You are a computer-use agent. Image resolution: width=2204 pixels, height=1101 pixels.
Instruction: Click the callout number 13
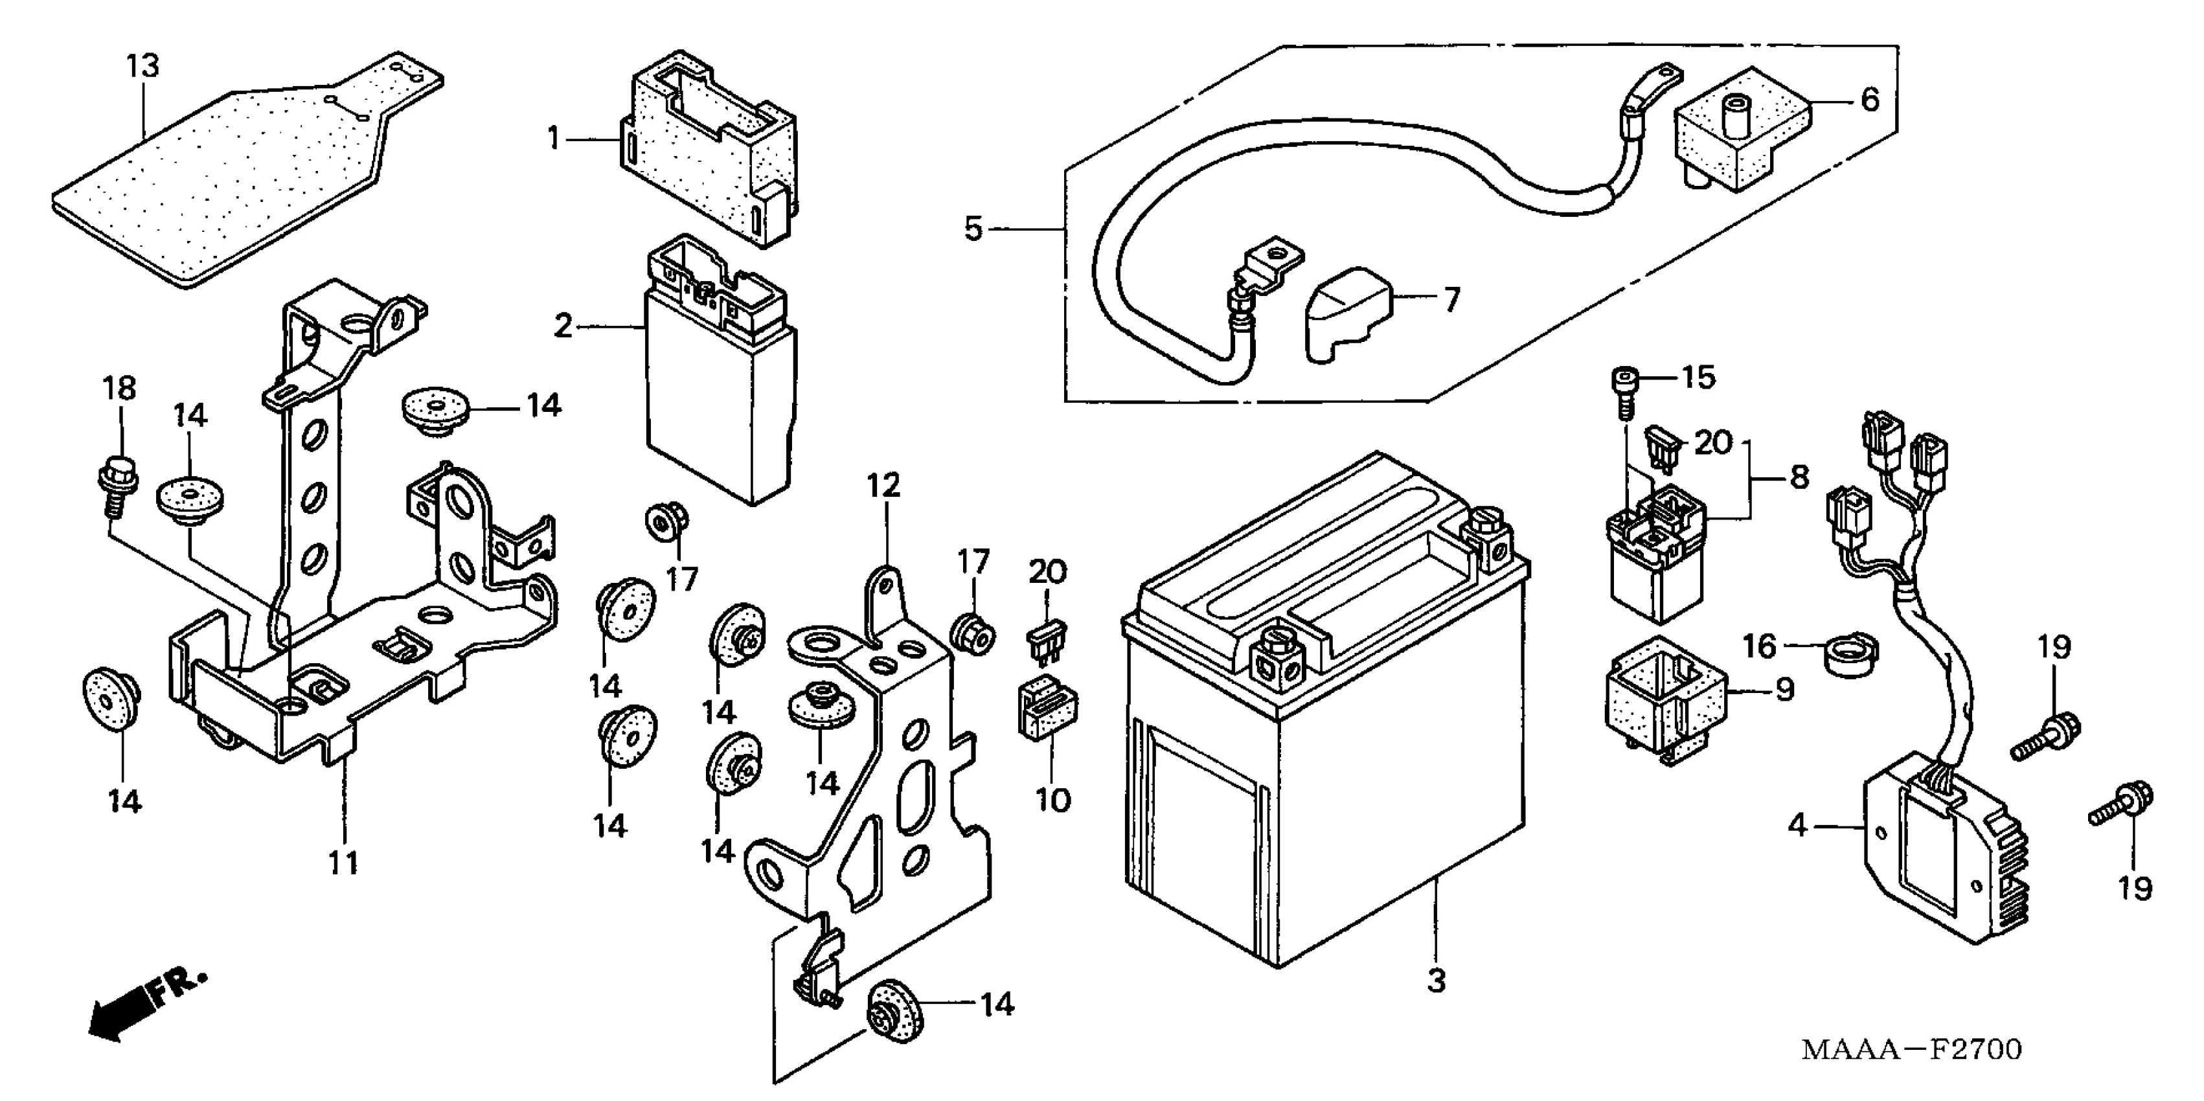click(143, 66)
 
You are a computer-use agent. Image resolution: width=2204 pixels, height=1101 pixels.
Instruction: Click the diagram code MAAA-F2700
click(1911, 1050)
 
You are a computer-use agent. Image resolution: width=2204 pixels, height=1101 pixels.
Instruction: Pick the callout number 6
click(1870, 100)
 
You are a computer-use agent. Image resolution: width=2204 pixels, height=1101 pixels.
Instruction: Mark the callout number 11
click(343, 863)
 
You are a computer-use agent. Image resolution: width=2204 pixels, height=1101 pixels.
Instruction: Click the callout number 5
click(973, 229)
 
